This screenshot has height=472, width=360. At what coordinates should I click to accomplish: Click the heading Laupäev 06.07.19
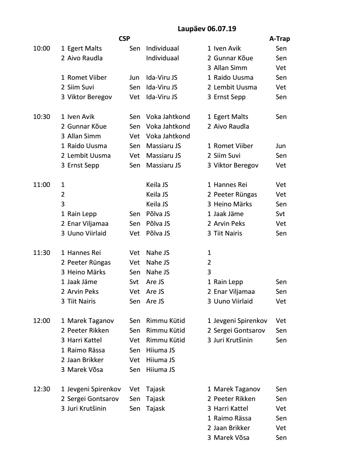click(x=206, y=29)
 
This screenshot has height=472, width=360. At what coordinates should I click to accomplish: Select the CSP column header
click(x=124, y=39)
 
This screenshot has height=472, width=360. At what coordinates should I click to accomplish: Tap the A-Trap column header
click(x=280, y=39)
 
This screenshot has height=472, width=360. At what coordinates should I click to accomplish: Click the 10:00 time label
click(x=42, y=48)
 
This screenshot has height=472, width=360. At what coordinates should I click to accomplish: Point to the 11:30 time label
click(x=42, y=253)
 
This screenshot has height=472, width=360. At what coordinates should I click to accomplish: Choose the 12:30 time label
click(x=42, y=389)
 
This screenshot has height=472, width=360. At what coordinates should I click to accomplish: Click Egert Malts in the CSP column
click(x=84, y=48)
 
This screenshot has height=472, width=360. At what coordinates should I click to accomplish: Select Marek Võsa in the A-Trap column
click(x=231, y=437)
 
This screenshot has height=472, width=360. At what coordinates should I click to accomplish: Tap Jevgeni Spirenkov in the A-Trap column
click(x=240, y=321)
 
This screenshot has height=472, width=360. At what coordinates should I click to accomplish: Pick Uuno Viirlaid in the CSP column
click(x=86, y=233)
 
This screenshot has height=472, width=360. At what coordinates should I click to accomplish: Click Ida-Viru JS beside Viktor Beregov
click(x=162, y=97)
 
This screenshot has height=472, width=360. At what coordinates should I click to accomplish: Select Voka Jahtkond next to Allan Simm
click(x=168, y=136)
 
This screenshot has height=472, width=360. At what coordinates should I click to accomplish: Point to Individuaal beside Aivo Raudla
click(x=163, y=58)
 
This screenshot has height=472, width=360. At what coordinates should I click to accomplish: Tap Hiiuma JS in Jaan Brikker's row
click(x=161, y=360)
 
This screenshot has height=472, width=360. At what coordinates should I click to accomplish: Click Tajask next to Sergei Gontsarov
click(x=156, y=399)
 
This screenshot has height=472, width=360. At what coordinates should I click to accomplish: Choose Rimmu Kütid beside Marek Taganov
click(x=166, y=321)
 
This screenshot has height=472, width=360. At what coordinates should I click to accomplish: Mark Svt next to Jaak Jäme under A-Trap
click(x=280, y=214)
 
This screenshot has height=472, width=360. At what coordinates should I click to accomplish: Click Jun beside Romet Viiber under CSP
click(x=134, y=77)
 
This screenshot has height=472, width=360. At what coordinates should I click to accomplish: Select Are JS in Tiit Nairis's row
click(x=155, y=301)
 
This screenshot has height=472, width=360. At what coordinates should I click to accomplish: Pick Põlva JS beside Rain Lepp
click(x=158, y=214)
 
